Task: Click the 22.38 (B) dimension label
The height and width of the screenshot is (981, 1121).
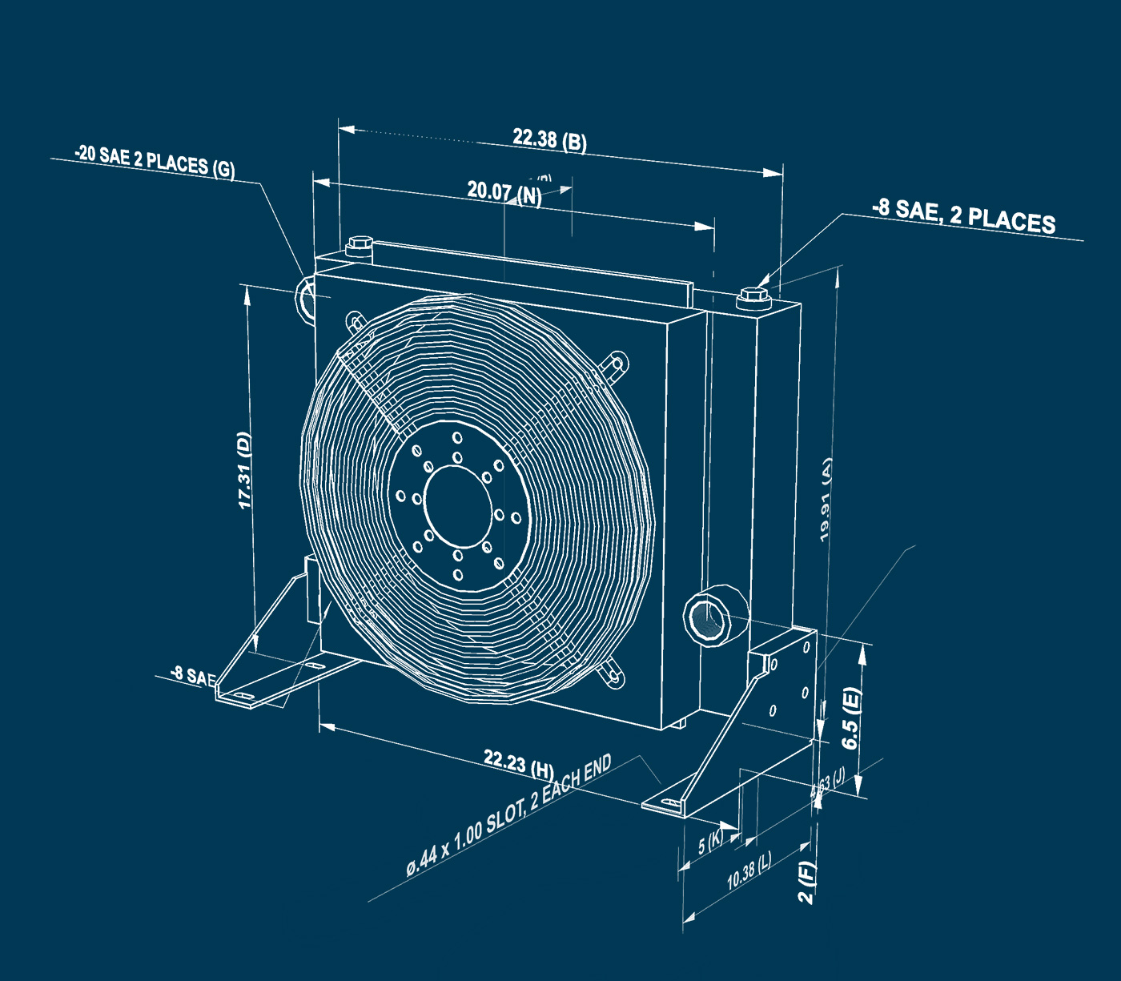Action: tap(549, 140)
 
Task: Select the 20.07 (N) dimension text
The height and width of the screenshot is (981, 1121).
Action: tap(504, 192)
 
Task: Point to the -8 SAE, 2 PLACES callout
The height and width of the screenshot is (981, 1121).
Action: tap(963, 216)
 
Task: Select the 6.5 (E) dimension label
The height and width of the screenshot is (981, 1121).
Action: tap(851, 718)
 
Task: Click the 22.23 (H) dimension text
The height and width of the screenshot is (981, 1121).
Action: tap(518, 763)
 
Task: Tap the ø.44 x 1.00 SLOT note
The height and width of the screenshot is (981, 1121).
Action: tap(508, 815)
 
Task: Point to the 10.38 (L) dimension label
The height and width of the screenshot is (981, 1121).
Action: tap(749, 871)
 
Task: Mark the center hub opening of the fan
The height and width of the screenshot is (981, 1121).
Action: tap(458, 502)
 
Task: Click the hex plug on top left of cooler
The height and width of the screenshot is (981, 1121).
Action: tap(359, 245)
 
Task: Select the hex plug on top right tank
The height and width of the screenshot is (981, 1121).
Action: tap(753, 296)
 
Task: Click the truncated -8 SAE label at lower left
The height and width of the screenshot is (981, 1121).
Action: tap(193, 676)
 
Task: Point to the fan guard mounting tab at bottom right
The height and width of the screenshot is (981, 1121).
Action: tap(613, 671)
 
